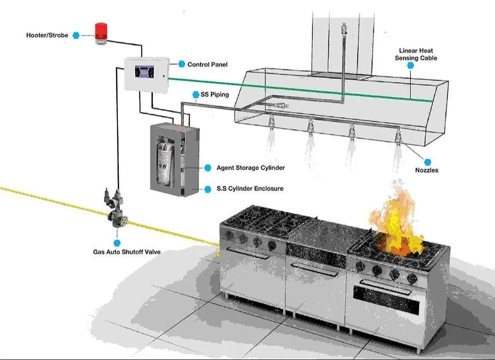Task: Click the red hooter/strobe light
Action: click(x=101, y=33)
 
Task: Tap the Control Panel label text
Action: click(x=207, y=64)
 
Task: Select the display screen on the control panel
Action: click(x=145, y=71)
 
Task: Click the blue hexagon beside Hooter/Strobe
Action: click(x=76, y=35)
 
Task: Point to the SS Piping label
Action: click(x=215, y=95)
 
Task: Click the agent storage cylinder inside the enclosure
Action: click(x=166, y=162)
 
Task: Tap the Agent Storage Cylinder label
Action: click(x=250, y=168)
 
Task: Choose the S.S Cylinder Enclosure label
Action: click(x=250, y=189)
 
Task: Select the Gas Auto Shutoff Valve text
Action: click(x=127, y=252)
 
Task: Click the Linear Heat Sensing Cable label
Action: click(x=416, y=54)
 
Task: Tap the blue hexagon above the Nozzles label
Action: click(x=428, y=162)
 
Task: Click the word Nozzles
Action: click(x=427, y=170)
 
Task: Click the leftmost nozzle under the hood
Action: click(x=271, y=122)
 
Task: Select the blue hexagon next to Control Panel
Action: click(x=182, y=64)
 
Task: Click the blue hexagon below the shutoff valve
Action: click(x=117, y=243)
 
